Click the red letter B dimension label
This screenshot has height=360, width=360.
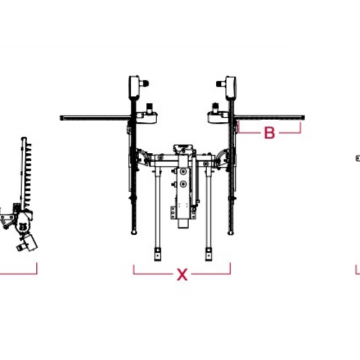pos(269,133)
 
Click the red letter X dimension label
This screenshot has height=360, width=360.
pos(182,274)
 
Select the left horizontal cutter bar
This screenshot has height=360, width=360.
pos(95,118)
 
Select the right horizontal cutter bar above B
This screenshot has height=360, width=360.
pos(269,118)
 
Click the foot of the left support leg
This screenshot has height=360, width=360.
pos(157,254)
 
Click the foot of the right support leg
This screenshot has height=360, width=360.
pos(208,254)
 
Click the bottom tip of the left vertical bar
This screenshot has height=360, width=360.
pos(134,233)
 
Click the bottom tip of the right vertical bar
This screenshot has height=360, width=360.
pos(230,233)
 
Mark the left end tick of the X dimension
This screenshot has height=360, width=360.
pos(134,269)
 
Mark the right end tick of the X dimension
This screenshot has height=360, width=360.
pos(230,269)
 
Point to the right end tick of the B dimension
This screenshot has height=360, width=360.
pos(301,128)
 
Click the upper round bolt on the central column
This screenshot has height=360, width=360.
pos(182,171)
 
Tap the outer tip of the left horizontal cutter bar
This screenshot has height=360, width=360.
pos(61,118)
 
